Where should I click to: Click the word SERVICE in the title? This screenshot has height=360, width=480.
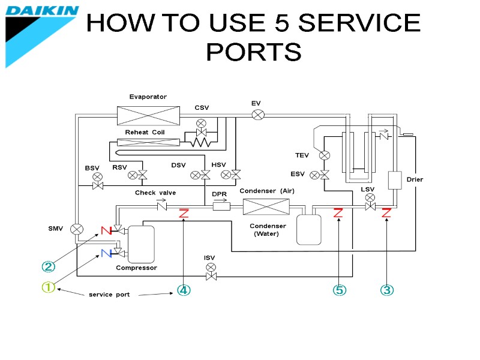[359, 23]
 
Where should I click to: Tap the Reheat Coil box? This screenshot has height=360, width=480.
[148, 142]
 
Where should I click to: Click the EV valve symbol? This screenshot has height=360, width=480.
[258, 115]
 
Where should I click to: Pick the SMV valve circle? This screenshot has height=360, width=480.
[77, 229]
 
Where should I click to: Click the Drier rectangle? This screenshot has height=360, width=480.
[395, 180]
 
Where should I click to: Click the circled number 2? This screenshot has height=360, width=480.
[47, 266]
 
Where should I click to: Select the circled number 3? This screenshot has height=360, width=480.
[387, 290]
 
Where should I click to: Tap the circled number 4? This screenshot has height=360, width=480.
[184, 290]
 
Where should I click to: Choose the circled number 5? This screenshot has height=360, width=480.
[340, 290]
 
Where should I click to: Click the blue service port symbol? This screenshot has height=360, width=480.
[106, 253]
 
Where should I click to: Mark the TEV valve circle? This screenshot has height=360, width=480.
[325, 155]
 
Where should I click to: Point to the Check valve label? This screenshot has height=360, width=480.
[155, 193]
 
